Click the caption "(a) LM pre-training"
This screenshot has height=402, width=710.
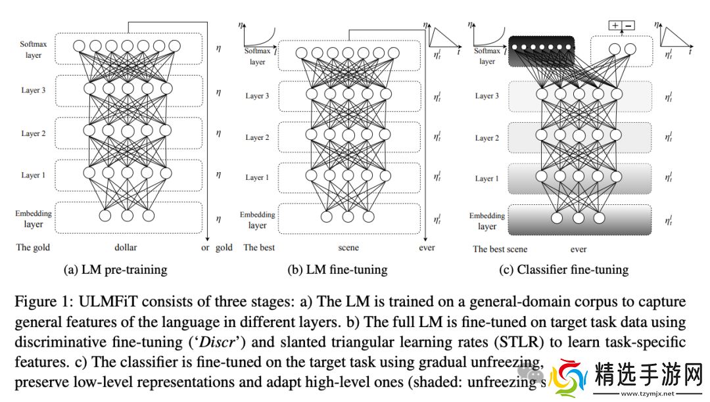(115, 269)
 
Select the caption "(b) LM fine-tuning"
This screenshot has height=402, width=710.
(337, 269)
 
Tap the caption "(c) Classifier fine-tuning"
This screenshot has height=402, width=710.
(563, 269)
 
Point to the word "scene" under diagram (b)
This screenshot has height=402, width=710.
(348, 248)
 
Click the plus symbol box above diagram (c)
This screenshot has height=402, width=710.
(615, 26)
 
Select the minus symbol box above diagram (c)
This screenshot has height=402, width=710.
(628, 26)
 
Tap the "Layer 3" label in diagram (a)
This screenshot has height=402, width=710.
(33, 90)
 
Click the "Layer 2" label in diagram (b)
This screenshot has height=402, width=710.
(257, 138)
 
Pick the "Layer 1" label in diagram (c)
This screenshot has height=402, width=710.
(487, 179)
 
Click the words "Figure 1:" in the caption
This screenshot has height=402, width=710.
(41, 302)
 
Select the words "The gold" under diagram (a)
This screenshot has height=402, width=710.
(32, 248)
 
